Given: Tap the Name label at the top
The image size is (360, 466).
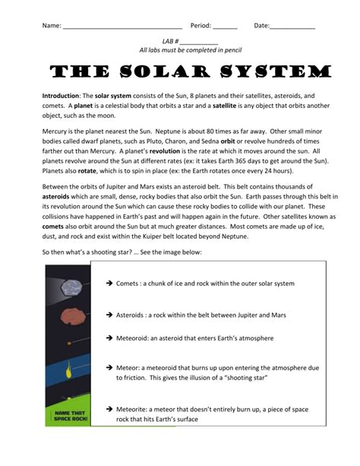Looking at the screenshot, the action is [x=51, y=26].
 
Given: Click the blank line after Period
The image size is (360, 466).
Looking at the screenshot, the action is [x=225, y=27].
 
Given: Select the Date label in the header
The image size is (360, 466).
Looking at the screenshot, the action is [x=261, y=26].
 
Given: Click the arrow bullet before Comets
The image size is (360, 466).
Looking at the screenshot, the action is [x=109, y=284].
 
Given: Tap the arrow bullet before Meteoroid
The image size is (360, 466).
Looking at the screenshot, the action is [x=109, y=338].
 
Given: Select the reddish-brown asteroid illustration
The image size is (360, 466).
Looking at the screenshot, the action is [x=68, y=314].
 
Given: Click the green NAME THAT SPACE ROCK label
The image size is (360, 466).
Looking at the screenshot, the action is [x=68, y=417].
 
